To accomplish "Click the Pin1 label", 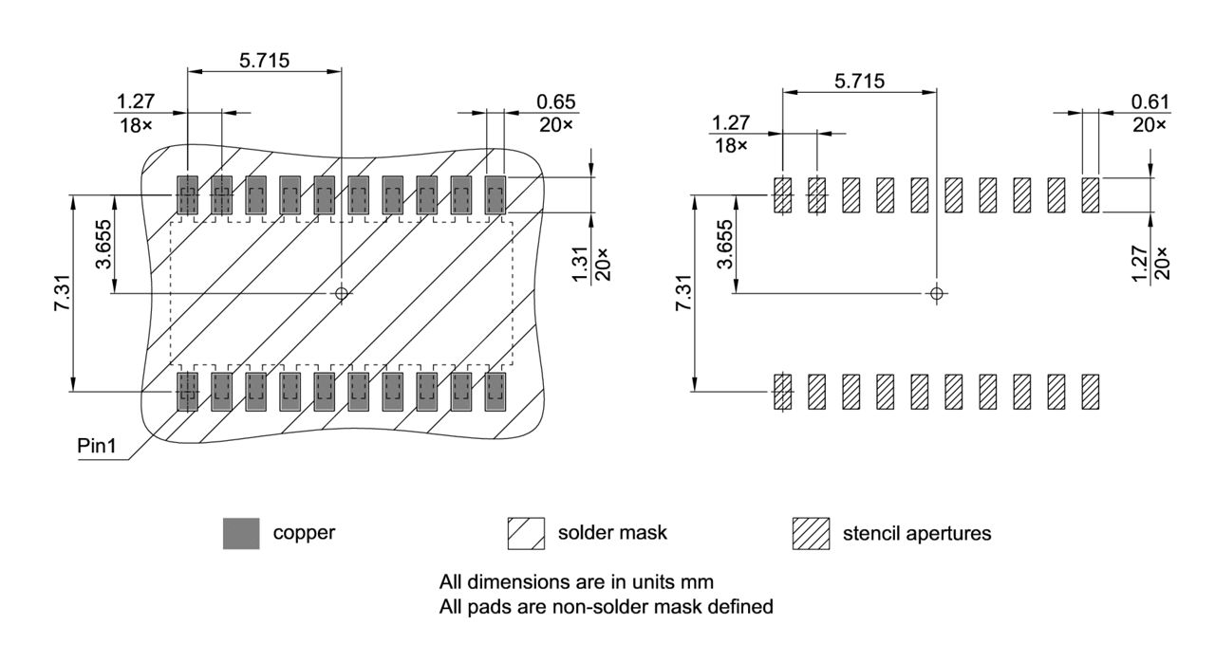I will pos(96,445).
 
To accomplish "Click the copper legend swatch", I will pos(240,533).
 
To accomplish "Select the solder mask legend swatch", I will pos(527,533).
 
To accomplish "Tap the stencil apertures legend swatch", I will pos(811,533).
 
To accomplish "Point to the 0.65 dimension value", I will pos(556,101).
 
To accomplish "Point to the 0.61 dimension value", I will pos(1150,101).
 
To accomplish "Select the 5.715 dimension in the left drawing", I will pos(264,60).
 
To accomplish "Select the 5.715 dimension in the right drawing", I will pos(858,81).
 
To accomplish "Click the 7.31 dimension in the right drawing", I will pos(682,292).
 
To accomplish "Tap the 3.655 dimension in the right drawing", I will pos(724,245).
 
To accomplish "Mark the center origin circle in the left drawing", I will pos(342,293).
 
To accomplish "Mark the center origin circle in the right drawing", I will pos(937,293).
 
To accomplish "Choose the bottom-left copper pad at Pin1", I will pos(187,391).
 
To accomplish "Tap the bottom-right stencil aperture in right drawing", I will pos(1091,391).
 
